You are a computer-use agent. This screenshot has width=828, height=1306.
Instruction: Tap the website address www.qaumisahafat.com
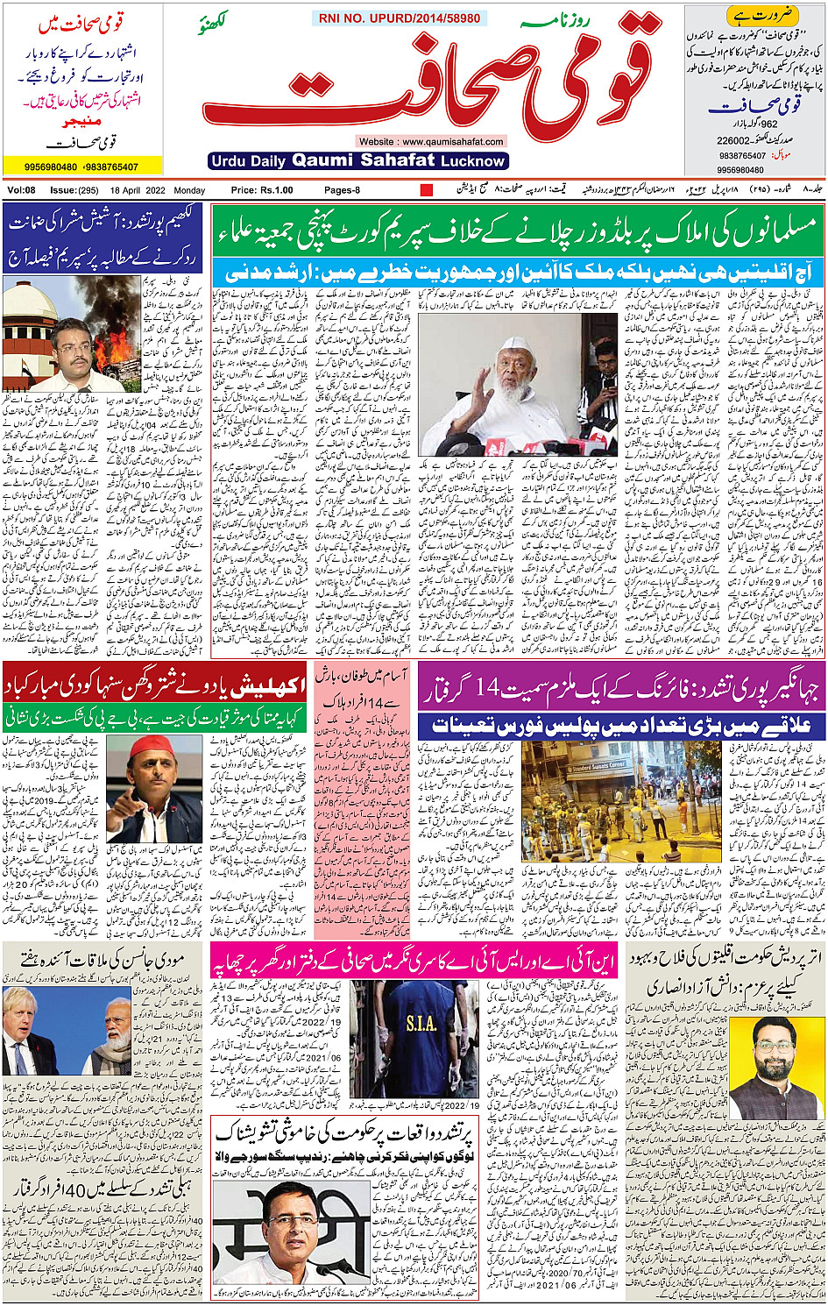[430, 141]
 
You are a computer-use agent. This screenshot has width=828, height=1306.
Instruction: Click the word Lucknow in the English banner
[473, 161]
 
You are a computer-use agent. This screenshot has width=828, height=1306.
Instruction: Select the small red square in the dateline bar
[427, 190]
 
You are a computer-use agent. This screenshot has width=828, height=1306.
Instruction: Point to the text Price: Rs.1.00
[261, 190]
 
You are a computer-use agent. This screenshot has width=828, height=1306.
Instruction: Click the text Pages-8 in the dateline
[342, 190]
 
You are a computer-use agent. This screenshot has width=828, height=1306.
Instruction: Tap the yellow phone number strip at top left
[82, 167]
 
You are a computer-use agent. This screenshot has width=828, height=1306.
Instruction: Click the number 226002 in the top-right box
[733, 140]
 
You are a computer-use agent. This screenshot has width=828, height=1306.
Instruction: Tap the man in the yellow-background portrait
[763, 1065]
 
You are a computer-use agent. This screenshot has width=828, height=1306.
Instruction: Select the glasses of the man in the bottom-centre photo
[292, 1221]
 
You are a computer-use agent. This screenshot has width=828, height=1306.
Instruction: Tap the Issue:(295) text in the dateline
[74, 190]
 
